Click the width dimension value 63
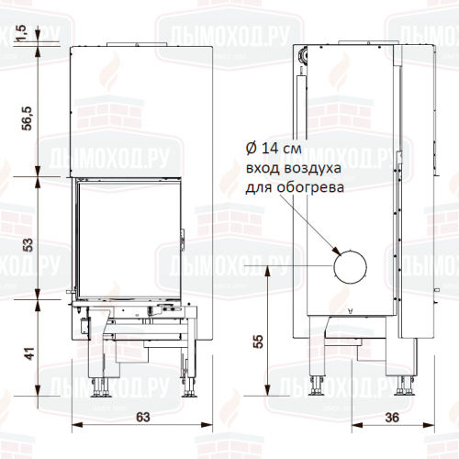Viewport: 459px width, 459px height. tap(142, 418)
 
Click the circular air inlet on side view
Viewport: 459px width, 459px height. tap(350, 267)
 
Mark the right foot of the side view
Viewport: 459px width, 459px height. tap(404, 386)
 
